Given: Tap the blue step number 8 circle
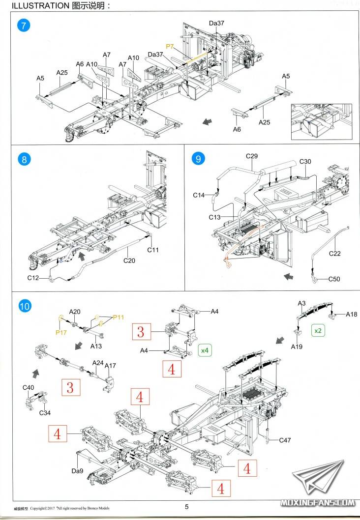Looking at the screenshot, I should pyautogui.click(x=24, y=160).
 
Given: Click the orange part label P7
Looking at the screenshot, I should pyautogui.click(x=170, y=46).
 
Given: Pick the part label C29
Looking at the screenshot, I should pyautogui.click(x=252, y=156).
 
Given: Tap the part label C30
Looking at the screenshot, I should pyautogui.click(x=305, y=162).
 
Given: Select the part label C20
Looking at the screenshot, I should pyautogui.click(x=129, y=261).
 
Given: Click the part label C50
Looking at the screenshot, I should pyautogui.click(x=334, y=280).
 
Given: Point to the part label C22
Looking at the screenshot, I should pyautogui.click(x=334, y=254).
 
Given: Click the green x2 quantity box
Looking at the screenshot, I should pyautogui.click(x=318, y=331).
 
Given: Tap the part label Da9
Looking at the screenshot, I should pyautogui.click(x=77, y=471).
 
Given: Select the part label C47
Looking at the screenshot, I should pyautogui.click(x=285, y=440).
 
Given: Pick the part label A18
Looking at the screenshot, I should pyautogui.click(x=352, y=314).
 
